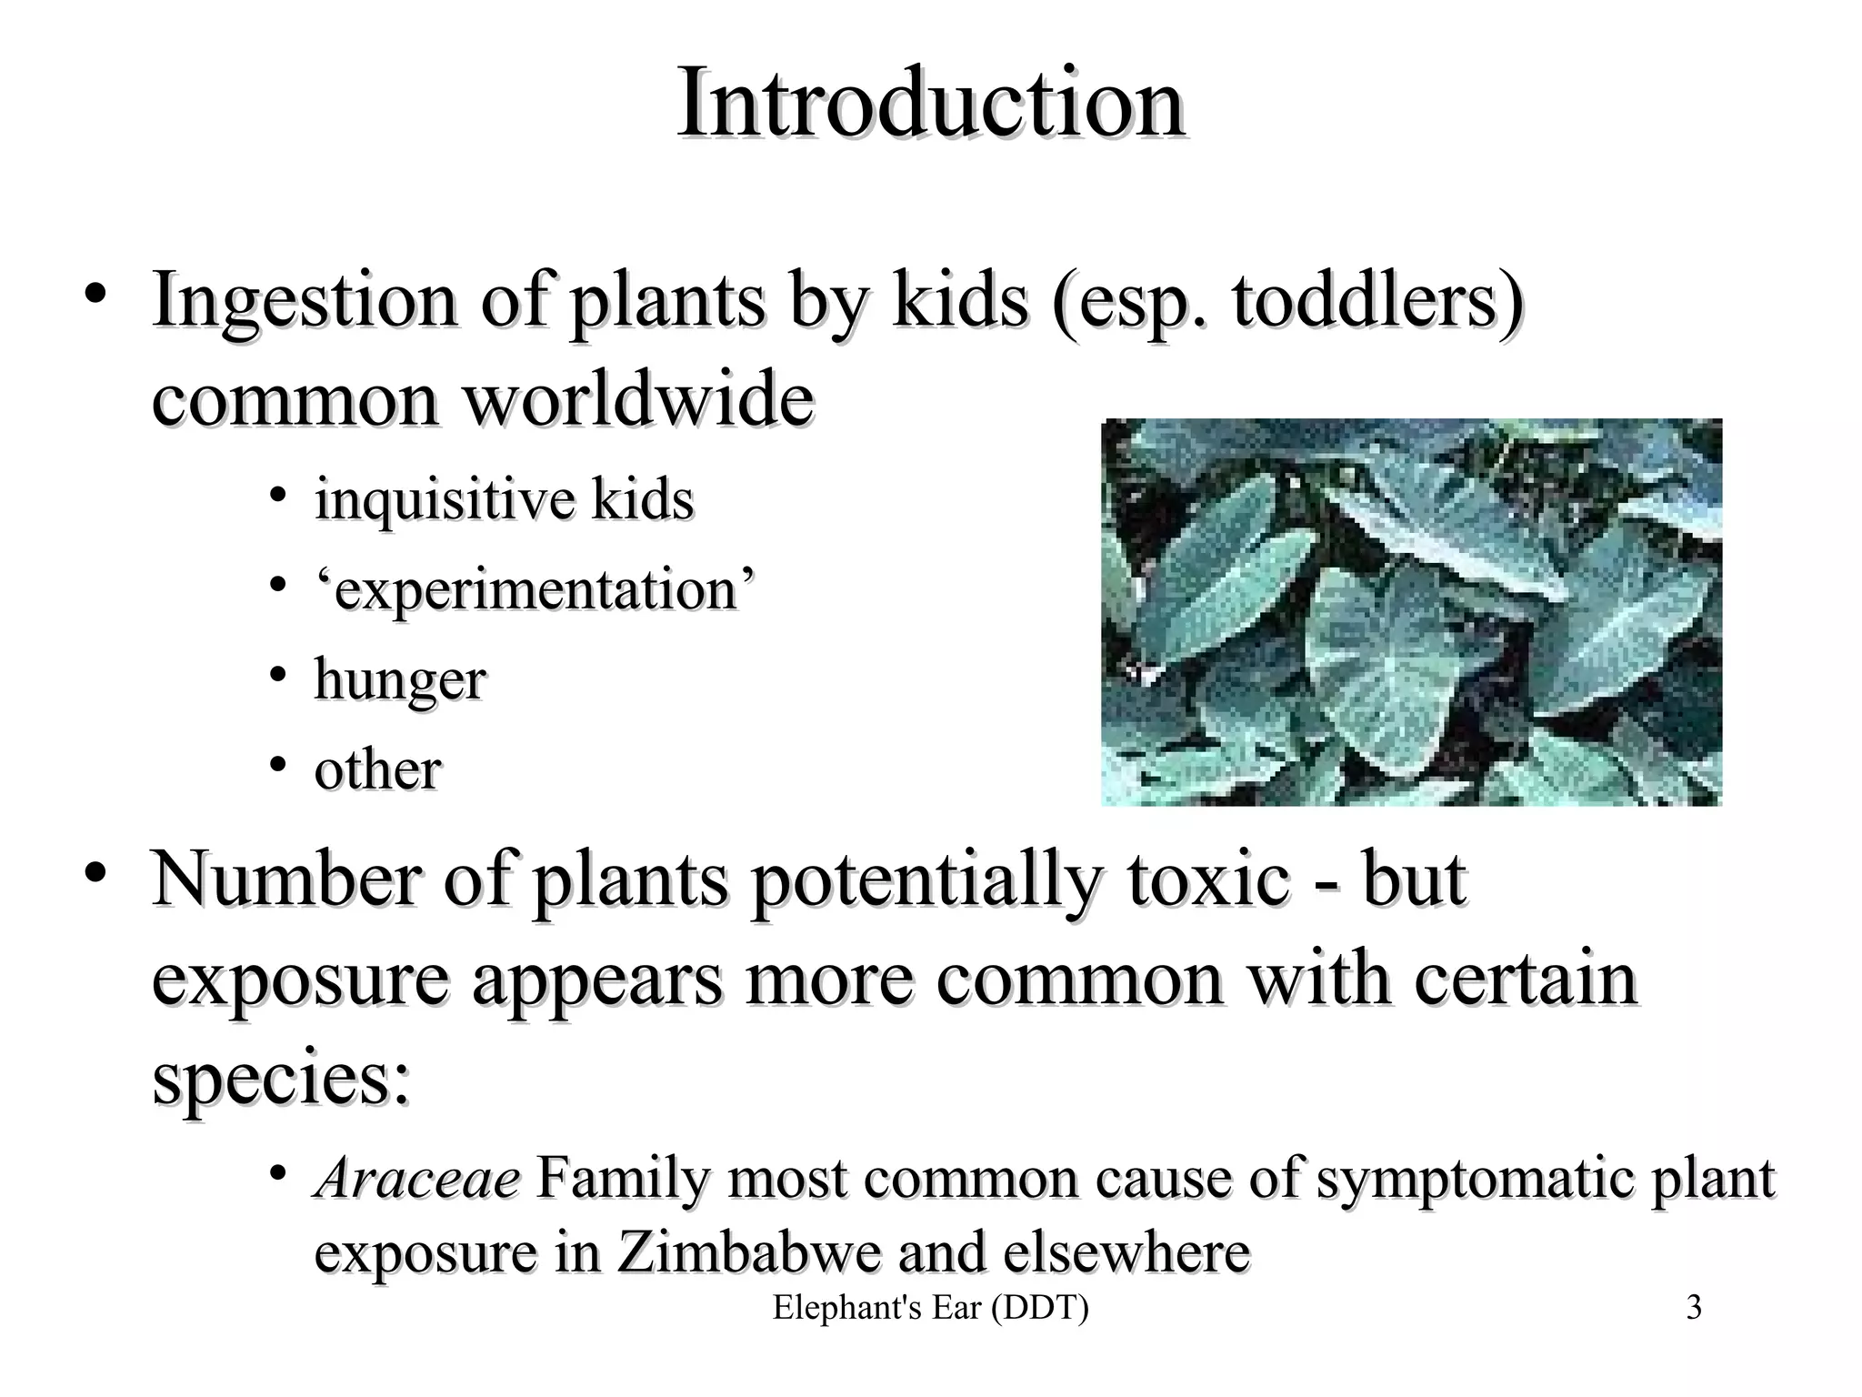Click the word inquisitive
(445, 499)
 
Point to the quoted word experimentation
(535, 589)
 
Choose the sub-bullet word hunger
(400, 680)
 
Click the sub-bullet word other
(377, 769)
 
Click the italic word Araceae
(417, 1179)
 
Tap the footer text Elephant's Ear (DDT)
(930, 1308)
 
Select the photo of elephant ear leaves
(1411, 612)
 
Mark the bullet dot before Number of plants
(95, 873)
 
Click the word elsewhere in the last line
(1126, 1252)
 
